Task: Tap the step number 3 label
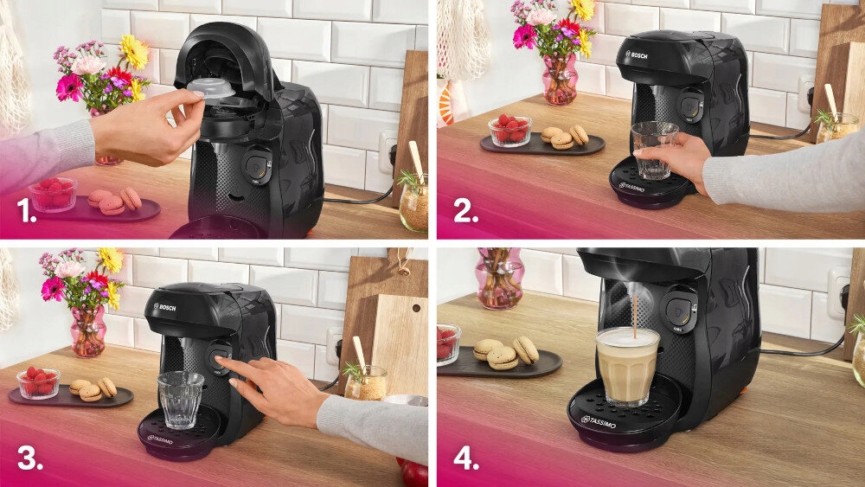coord(29,458)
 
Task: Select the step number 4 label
coord(466,458)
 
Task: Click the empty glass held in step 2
coord(653,149)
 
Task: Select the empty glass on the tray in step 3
coord(181,399)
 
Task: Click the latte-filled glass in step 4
coord(627,365)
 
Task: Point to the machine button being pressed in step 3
coord(218,357)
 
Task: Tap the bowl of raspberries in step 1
coord(53,195)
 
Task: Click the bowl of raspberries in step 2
coord(509,131)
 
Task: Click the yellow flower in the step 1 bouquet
coord(134,52)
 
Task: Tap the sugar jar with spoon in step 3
coord(366,381)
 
